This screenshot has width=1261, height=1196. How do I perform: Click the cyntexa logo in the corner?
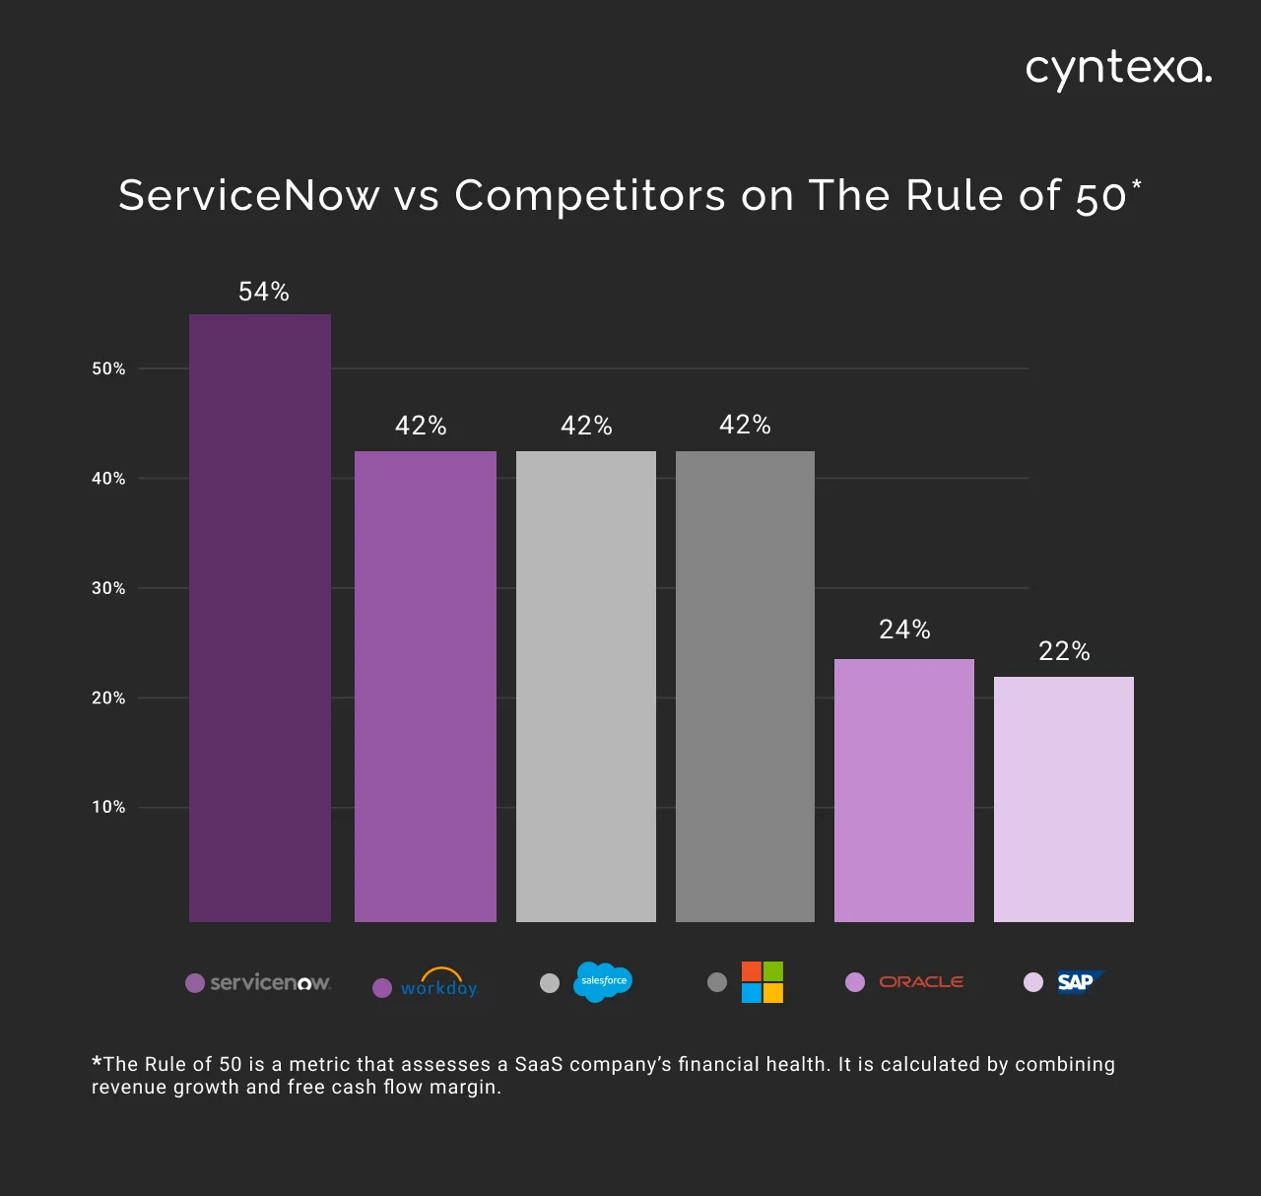tap(1118, 70)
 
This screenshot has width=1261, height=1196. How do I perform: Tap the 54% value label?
tap(264, 292)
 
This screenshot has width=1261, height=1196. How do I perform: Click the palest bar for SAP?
tap(1064, 799)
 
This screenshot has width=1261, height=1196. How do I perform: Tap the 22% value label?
tap(1064, 651)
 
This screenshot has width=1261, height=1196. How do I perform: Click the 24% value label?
tap(904, 630)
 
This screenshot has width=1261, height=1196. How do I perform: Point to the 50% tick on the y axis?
tap(108, 368)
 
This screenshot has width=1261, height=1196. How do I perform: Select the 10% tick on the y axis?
tap(108, 807)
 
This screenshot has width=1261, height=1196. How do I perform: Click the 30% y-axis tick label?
tap(108, 588)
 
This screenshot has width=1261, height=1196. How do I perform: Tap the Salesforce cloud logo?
tap(602, 981)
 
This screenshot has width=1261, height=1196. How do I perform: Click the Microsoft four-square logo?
tap(762, 982)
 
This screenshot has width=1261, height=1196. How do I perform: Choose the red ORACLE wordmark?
tap(921, 982)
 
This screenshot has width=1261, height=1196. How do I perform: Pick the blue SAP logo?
tap(1079, 982)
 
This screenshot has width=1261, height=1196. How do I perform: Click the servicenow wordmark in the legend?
tap(270, 982)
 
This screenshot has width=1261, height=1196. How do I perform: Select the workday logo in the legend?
tap(439, 984)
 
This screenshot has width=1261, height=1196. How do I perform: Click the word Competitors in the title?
tap(590, 195)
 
